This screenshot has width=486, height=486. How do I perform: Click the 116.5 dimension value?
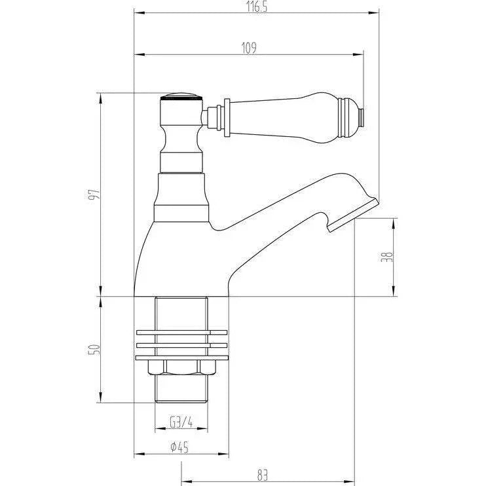(x=257, y=7)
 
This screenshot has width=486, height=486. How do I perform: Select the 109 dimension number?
(x=249, y=48)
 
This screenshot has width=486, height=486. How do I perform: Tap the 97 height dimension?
(x=94, y=194)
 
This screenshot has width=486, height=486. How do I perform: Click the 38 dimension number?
(x=387, y=257)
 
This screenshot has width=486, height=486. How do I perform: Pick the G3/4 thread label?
(x=181, y=422)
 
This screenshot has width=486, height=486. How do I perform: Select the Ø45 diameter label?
(x=179, y=447)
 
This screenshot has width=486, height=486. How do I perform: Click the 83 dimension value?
(x=262, y=475)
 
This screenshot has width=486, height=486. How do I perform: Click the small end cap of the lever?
(x=361, y=117)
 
